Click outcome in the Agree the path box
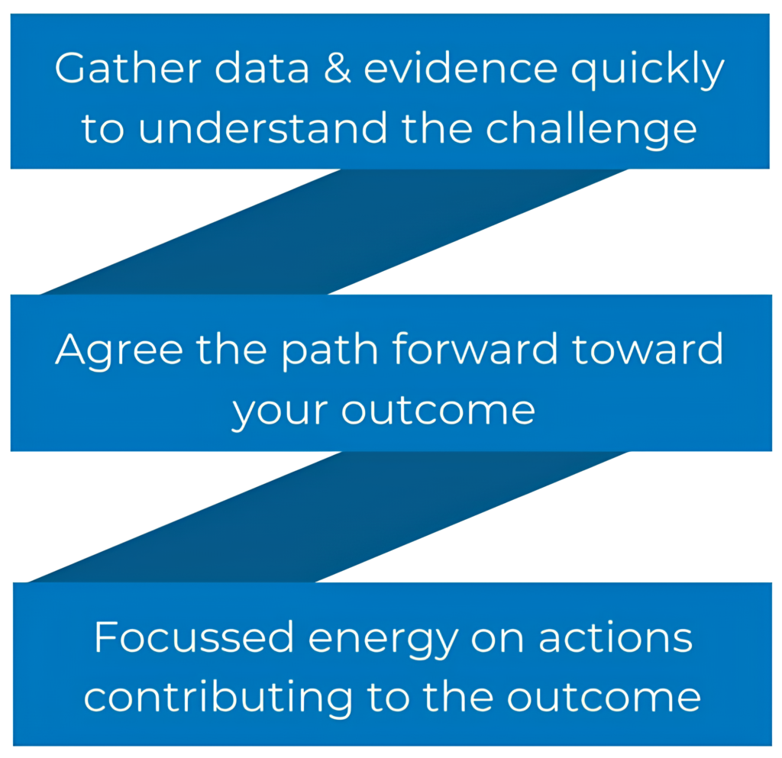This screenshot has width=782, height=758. [438, 411]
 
